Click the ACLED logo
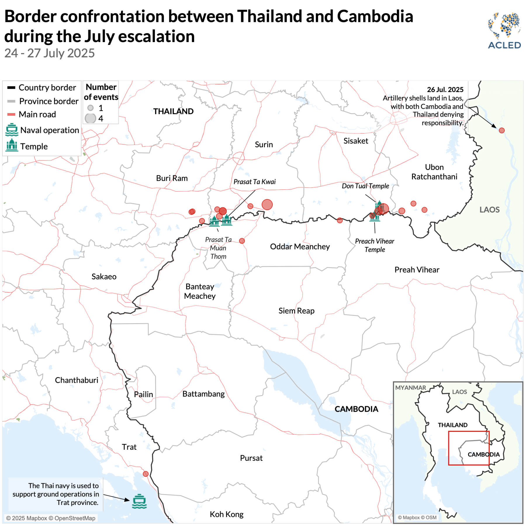tap(504, 30)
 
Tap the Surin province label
tap(264, 144)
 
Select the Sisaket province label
tap(356, 141)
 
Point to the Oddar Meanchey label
tap(300, 246)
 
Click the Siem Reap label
tap(296, 311)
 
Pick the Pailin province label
tap(143, 394)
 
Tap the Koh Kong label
tap(226, 514)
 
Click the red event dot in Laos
tap(501, 130)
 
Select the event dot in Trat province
tap(146, 474)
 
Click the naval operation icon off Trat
tap(139, 501)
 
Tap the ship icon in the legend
tap(12, 130)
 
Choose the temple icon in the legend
tap(12, 145)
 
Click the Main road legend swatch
tap(11, 114)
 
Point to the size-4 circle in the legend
tap(90, 118)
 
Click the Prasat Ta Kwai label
tap(254, 182)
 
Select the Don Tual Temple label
tap(365, 186)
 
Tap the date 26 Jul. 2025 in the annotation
tap(445, 89)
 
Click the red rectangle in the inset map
tap(469, 431)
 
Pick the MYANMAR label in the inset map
tap(410, 387)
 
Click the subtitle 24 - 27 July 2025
tap(50, 53)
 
